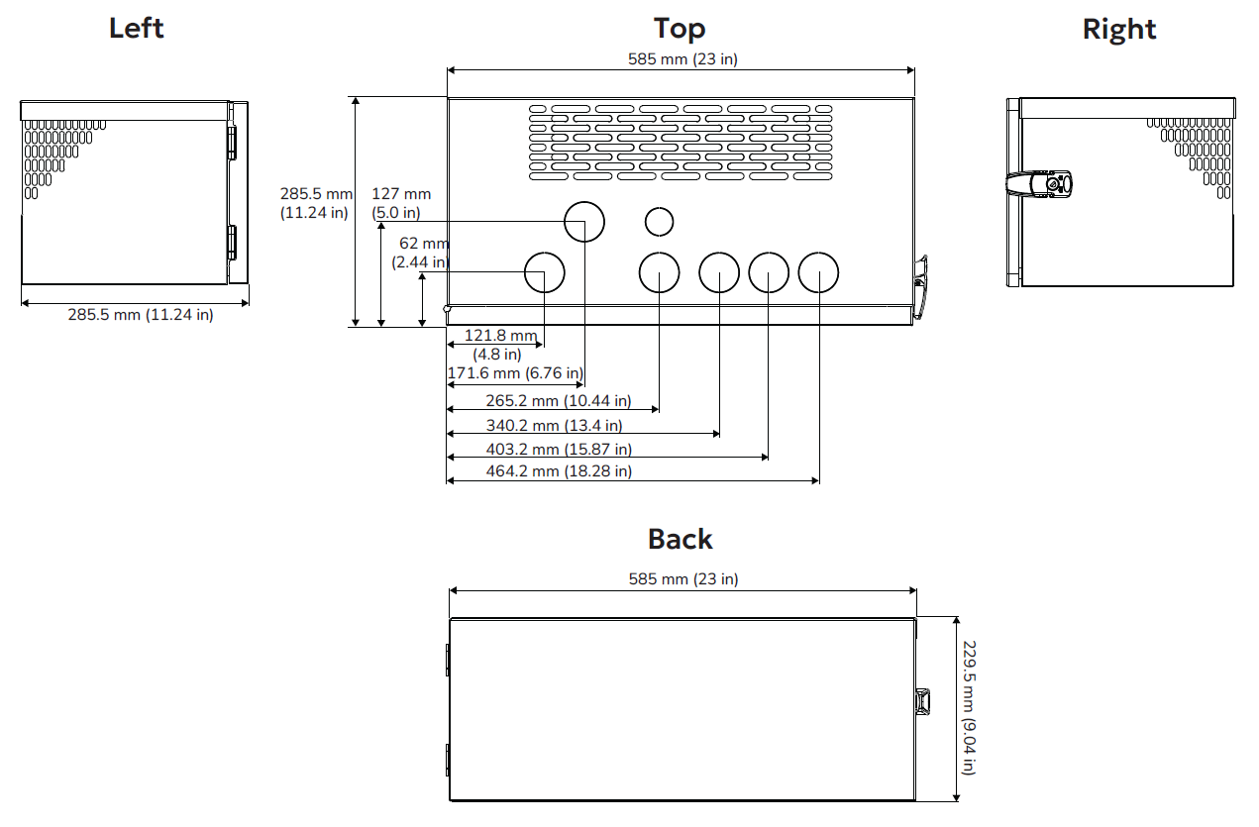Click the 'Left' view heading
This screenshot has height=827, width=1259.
tap(136, 28)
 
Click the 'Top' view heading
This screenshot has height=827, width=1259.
tap(680, 28)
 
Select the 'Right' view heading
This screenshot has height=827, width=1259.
tap(1119, 30)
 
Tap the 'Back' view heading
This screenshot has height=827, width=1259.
tap(680, 539)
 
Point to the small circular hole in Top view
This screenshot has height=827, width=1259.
tap(659, 222)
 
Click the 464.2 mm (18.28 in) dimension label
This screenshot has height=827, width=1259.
tap(559, 471)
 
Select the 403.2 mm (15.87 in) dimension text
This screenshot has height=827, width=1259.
tap(559, 449)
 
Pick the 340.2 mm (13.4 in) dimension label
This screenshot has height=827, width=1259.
tap(554, 426)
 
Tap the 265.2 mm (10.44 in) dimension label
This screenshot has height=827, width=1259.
tap(559, 401)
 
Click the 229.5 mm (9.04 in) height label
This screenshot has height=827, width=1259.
tap(969, 707)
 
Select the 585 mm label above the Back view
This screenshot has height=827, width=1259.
tap(682, 579)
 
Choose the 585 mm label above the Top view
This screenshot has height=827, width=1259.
tap(682, 59)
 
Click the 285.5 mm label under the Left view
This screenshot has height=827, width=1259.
tap(140, 315)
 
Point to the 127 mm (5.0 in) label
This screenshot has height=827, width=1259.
tap(401, 203)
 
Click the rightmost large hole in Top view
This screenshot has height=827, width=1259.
tap(818, 271)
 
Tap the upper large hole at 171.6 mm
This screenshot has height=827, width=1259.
tap(584, 221)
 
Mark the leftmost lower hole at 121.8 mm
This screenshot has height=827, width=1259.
tap(544, 271)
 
